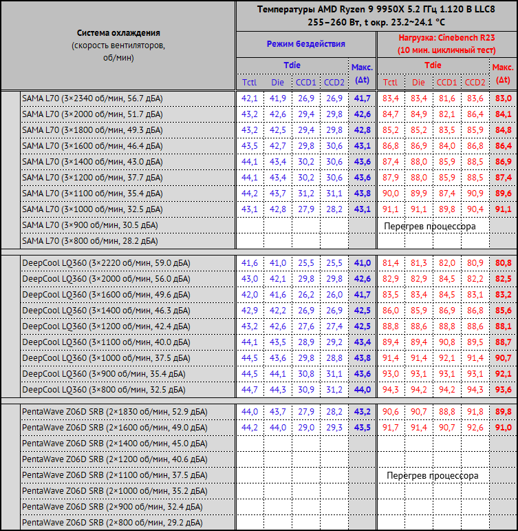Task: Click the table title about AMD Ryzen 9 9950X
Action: click(375, 15)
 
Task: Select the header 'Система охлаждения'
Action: click(118, 33)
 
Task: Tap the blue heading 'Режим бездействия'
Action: click(305, 44)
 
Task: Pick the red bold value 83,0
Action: click(503, 98)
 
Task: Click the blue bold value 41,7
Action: click(362, 98)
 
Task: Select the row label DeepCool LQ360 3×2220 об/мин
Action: click(106, 263)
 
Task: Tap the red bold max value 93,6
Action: click(503, 390)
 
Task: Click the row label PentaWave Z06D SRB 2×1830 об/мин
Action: click(114, 412)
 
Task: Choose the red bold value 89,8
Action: click(503, 412)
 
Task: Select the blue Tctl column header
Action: click(249, 83)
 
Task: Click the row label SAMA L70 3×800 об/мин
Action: click(89, 241)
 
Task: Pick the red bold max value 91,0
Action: click(503, 428)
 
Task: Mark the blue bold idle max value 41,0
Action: click(362, 263)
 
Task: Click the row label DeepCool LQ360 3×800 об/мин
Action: click(103, 390)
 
